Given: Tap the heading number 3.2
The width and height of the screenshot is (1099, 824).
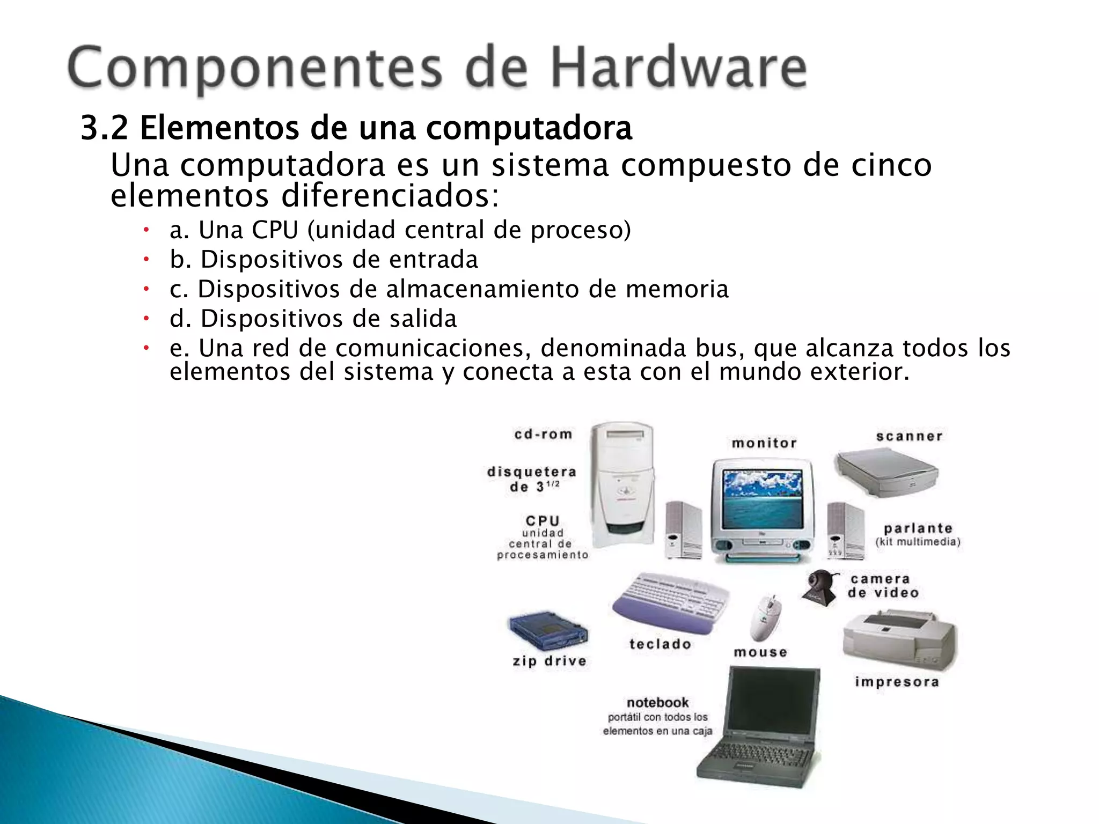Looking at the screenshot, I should pyautogui.click(x=104, y=128).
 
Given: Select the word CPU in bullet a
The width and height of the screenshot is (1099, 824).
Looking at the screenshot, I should pyautogui.click(x=275, y=230).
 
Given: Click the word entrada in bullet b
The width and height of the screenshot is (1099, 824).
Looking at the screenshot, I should pyautogui.click(x=433, y=260).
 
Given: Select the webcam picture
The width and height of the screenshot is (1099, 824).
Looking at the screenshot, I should pyautogui.click(x=819, y=587).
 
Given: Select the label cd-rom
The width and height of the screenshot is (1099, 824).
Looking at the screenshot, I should pyautogui.click(x=543, y=434).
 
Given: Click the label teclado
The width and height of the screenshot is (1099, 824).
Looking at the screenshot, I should pyautogui.click(x=660, y=644).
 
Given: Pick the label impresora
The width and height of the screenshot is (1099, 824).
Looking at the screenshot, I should pyautogui.click(x=897, y=682).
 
